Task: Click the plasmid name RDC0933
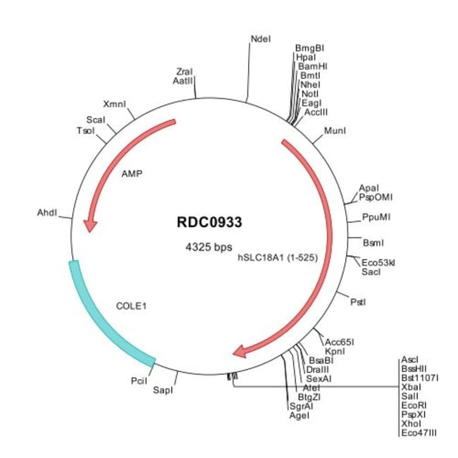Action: coord(209,222)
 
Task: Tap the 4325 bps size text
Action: coord(209,247)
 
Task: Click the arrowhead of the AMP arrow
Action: coord(90,225)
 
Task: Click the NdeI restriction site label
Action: coord(261,39)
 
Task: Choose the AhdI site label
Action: coord(47,213)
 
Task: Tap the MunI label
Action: coord(335,130)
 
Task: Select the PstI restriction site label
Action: coord(358,302)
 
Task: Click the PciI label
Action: coord(139,381)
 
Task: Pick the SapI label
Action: coord(163,390)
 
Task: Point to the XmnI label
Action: coord(114,104)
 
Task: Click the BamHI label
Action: coord(313,66)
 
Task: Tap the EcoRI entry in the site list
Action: coord(414,405)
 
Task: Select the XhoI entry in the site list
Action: coord(411,423)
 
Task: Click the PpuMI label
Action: coord(376,217)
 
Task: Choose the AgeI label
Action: coord(299,415)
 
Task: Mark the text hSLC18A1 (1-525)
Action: coord(278,258)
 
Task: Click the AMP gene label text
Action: coord(132,174)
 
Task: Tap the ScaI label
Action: coord(96,120)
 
